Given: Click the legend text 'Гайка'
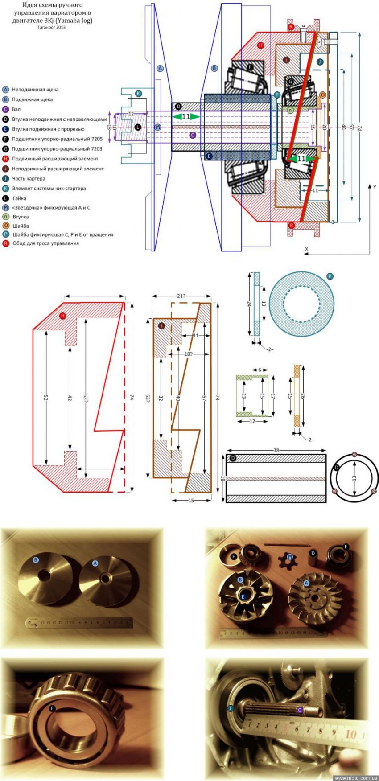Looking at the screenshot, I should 19,198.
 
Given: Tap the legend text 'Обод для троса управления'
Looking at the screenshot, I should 45,243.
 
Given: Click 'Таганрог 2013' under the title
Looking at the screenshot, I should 52,27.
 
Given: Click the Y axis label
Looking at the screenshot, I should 375,187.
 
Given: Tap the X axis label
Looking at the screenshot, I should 306,249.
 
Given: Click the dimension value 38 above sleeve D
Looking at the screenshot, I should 276,450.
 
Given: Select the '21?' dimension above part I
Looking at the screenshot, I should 181,296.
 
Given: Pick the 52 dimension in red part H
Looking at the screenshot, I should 46,398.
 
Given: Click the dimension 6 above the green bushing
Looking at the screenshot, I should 260,370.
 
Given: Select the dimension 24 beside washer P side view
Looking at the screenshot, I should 249,304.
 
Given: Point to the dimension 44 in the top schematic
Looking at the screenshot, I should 343,127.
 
